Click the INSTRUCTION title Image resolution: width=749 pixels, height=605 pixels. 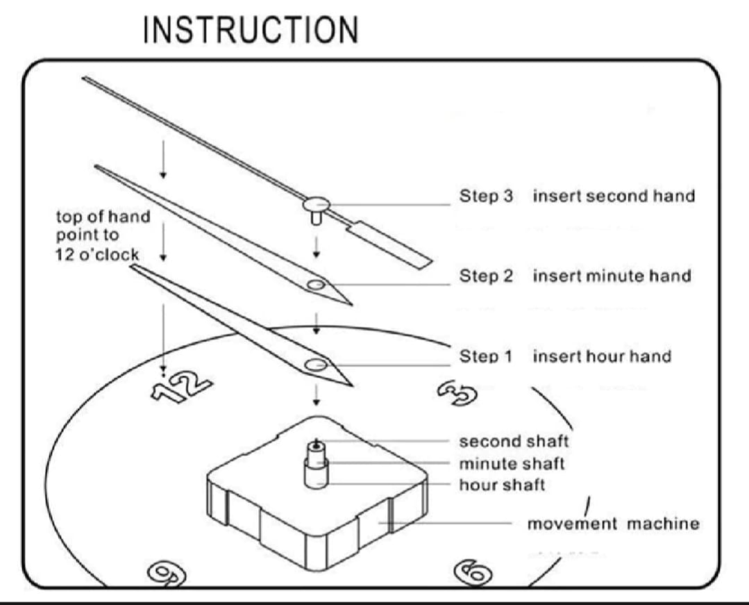tap(251, 30)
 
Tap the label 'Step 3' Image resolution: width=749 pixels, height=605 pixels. tap(486, 196)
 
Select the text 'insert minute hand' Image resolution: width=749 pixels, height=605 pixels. tap(612, 276)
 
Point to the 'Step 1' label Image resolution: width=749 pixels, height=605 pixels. tap(485, 356)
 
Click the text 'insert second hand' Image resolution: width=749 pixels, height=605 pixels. tap(614, 196)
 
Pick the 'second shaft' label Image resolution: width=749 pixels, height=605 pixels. tap(514, 441)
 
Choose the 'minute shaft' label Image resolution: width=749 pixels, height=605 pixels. tap(512, 463)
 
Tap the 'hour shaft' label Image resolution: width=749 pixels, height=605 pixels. tap(502, 485)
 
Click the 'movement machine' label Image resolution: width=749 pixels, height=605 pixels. tap(614, 524)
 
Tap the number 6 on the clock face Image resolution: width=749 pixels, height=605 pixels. tap(473, 572)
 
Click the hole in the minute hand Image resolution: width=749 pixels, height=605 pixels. tap(316, 285)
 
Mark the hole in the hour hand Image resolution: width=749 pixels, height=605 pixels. tap(316, 365)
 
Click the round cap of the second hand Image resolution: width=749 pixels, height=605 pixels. tap(317, 204)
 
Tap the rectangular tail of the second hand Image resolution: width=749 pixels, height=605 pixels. tap(390, 245)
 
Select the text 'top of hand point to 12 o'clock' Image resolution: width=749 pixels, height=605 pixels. tap(103, 235)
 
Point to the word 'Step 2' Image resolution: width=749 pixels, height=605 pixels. tap(486, 276)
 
